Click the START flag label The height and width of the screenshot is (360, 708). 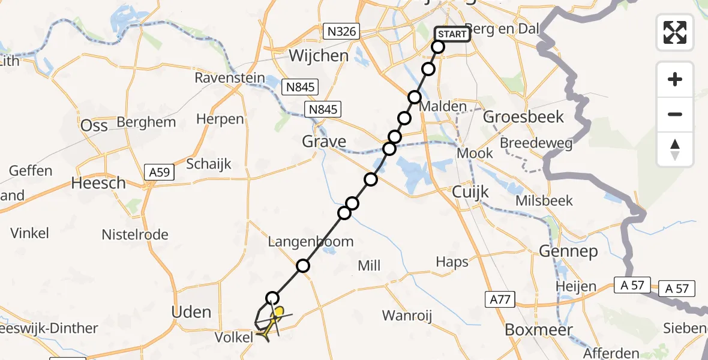(452, 34)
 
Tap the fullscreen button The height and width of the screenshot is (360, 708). (675, 32)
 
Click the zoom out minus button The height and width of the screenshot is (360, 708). (675, 114)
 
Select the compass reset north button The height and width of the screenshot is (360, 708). (675, 149)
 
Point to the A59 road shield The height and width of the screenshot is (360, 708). (160, 173)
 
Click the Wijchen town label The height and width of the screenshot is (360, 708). (319, 56)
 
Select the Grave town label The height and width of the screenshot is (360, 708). (324, 142)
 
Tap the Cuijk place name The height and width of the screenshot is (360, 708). (471, 193)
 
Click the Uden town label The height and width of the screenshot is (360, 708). (191, 312)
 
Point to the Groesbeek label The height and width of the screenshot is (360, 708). (524, 116)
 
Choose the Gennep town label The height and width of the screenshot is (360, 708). (569, 251)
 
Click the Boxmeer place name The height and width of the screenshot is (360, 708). (539, 329)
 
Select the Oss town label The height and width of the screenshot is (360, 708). (94, 125)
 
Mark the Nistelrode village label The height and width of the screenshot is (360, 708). (135, 235)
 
